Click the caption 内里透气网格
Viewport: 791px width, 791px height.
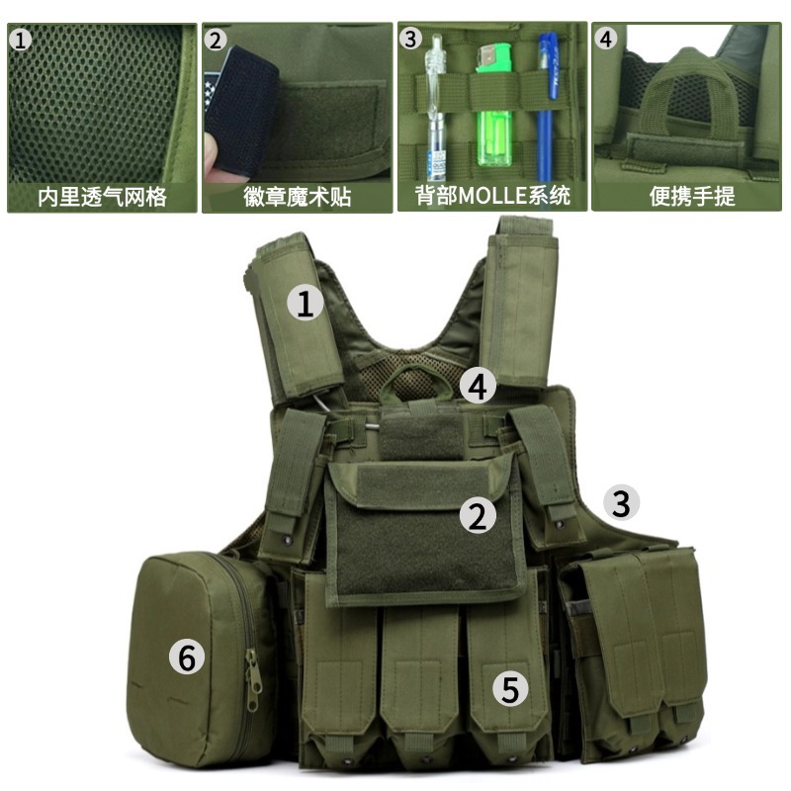102,196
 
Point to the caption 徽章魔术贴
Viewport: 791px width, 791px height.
297,196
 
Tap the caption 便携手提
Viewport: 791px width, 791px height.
692,196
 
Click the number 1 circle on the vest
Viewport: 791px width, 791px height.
306,303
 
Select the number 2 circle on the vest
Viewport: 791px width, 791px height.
480,514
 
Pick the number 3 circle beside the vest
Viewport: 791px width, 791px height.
621,503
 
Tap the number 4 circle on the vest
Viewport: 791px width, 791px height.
479,387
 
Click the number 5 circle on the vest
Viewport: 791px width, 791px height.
509,689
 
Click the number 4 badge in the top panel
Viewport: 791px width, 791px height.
606,40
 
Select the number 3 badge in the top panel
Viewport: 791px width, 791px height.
411,40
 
